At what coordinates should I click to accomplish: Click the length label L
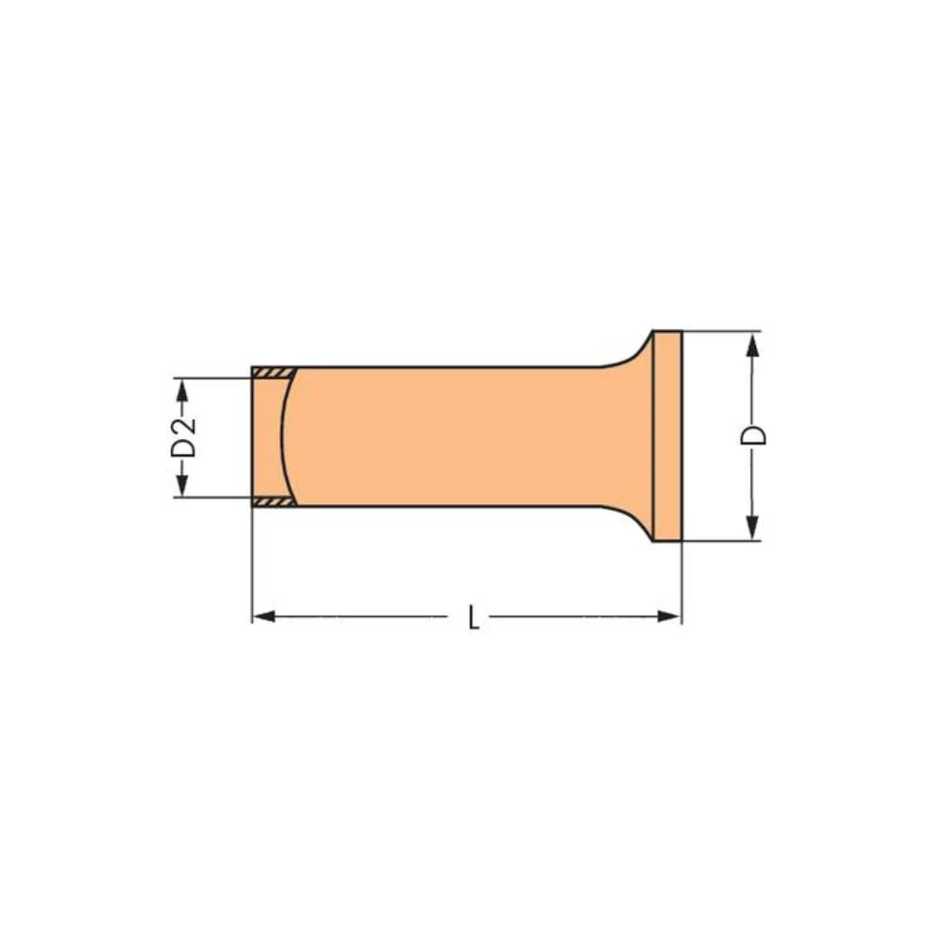coord(473,618)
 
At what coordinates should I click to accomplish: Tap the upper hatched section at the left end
coord(273,373)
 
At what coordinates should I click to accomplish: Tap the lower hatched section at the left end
coord(273,502)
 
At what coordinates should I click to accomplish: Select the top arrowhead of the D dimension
coord(751,342)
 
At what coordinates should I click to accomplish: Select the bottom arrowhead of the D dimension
coord(751,530)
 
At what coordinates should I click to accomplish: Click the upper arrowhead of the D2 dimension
coord(182,389)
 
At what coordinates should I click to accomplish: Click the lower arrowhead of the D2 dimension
coord(182,486)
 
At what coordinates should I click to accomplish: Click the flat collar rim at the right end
coord(668,436)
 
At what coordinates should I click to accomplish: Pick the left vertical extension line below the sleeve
coord(252,567)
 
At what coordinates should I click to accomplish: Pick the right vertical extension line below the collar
coord(682,581)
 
